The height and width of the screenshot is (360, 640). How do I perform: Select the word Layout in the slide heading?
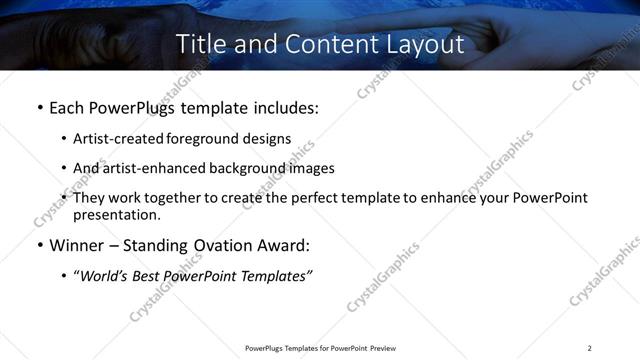click(x=422, y=45)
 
